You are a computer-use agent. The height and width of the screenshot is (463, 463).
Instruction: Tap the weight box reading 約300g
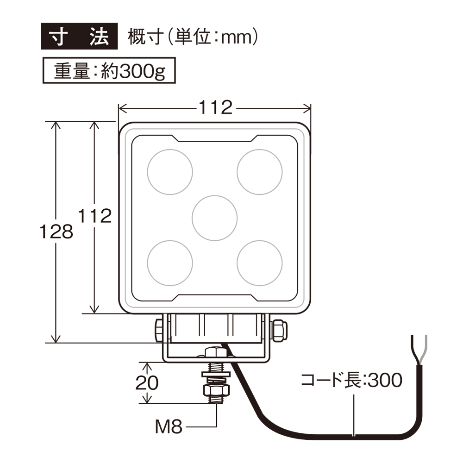[x=109, y=70]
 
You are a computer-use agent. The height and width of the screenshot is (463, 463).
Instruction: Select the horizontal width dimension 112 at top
[x=215, y=108]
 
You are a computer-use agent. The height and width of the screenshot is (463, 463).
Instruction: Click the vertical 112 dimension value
[x=95, y=216]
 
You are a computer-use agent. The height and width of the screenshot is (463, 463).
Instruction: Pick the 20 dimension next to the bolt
[x=147, y=382]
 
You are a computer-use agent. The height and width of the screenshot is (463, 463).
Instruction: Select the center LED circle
[x=214, y=218]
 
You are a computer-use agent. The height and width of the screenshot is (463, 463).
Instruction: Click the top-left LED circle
[x=169, y=172]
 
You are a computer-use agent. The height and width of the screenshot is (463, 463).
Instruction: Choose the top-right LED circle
[x=259, y=172]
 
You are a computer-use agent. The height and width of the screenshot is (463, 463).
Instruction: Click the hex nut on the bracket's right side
[x=280, y=330]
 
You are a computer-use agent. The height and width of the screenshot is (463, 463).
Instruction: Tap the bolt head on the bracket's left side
[x=158, y=330]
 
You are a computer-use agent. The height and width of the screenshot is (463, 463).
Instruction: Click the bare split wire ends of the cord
[x=418, y=350]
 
